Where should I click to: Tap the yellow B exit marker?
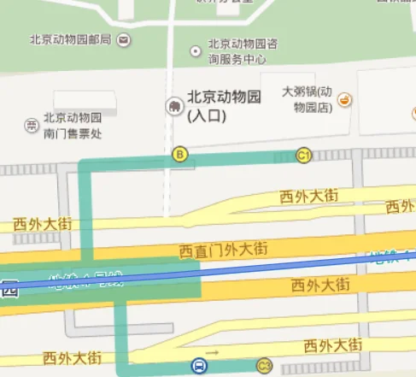coord(179,155)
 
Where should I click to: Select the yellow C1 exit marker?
coord(303,155)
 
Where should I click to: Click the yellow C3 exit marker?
coord(264,366)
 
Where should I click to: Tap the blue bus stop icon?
coord(198,366)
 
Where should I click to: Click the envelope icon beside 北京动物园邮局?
coord(125,39)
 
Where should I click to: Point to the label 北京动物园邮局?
coord(70,39)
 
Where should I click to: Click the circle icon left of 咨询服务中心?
coord(198,45)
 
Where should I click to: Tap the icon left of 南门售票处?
coord(32,126)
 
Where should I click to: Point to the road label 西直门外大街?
coord(224,250)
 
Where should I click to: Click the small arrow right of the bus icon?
coord(214,352)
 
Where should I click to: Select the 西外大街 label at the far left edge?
coord(41,223)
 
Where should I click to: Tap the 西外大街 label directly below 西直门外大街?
coord(320,284)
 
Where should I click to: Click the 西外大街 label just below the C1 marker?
coord(308,197)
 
